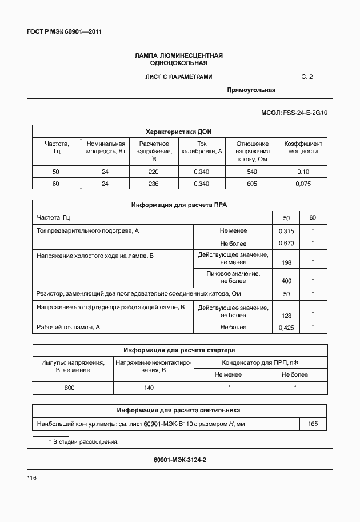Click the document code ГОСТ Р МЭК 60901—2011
point(65,31)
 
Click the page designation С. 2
point(307,77)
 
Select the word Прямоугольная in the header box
point(251,90)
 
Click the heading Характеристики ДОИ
point(179,130)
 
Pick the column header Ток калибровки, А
point(202,148)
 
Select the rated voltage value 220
point(154,172)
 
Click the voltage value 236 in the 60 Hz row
point(154,184)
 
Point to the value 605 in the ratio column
point(252,184)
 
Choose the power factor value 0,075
point(303,184)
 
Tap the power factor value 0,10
point(303,172)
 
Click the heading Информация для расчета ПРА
point(179,205)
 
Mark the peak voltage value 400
point(286,281)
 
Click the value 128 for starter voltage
point(286,315)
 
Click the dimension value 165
point(313,424)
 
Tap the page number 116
point(31,477)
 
